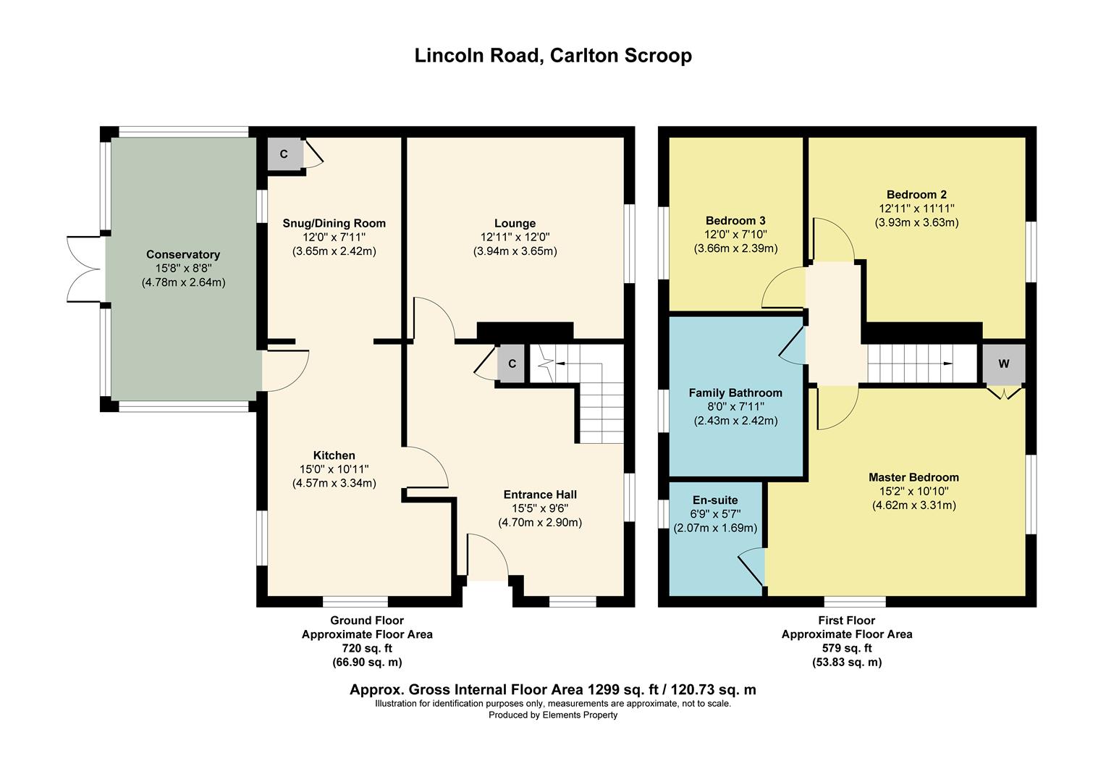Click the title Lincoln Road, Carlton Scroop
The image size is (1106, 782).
coord(552,56)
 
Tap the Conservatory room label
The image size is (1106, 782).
coord(182,255)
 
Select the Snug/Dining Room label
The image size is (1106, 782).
coord(334,223)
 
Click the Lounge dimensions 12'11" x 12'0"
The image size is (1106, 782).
coord(515,237)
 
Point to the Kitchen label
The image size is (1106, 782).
coord(334,455)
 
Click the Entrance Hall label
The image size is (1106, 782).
coord(539,495)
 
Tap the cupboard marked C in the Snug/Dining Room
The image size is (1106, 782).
coord(284,154)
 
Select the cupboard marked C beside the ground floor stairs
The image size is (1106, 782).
coord(512,363)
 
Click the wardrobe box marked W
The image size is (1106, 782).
coord(1003,363)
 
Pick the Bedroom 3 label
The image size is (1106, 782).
coord(735,221)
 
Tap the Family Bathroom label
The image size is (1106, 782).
coord(735,393)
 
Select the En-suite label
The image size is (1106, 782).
coord(715,500)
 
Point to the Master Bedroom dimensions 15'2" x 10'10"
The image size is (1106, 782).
coord(913,491)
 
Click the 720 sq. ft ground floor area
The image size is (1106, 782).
coord(366,648)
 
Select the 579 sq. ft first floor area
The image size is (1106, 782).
coord(846,648)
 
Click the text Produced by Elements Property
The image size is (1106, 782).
coord(553,715)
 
